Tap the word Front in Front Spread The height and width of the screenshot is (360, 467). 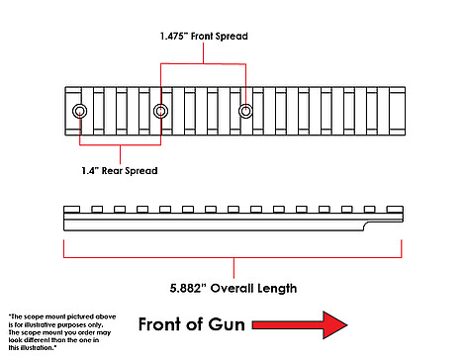[202, 36]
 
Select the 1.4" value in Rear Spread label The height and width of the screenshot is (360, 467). [90, 170]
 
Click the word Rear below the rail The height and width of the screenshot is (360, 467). [112, 170]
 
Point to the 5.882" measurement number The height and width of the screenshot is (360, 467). [188, 288]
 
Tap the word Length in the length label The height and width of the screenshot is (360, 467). [277, 289]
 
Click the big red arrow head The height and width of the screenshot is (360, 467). [334, 324]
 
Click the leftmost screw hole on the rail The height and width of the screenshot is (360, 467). [79, 111]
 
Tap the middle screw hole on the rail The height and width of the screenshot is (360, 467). [160, 111]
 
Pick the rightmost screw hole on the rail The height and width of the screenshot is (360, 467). [245, 111]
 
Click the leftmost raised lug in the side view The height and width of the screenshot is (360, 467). [71, 210]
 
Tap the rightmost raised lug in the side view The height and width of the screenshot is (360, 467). [395, 210]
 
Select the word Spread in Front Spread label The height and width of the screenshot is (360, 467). [232, 37]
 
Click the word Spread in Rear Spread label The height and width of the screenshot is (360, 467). [141, 171]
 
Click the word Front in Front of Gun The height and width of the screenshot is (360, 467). [159, 324]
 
